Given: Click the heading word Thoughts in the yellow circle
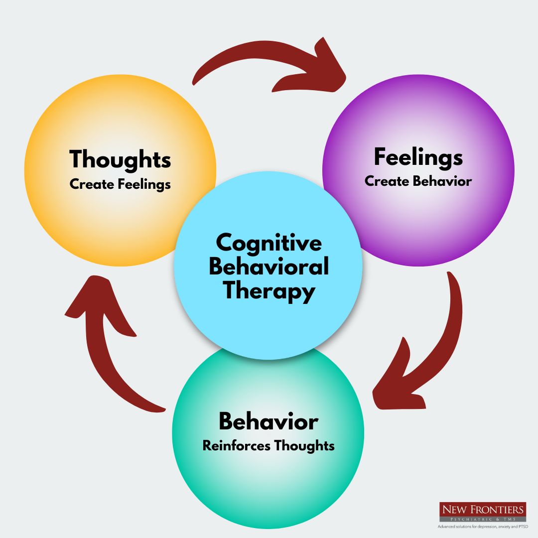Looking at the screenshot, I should [120, 160].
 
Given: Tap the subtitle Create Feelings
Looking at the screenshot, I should [120, 184].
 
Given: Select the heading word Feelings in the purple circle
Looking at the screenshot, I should [418, 157].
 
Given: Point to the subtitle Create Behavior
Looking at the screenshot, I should [418, 181].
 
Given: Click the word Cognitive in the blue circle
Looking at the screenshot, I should [269, 244].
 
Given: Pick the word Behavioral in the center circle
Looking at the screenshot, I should [269, 267].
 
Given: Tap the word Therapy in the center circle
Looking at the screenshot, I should [269, 290].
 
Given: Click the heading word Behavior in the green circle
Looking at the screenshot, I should [268, 422].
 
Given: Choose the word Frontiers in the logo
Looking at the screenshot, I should [499, 509].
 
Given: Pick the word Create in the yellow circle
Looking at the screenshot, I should [92, 184].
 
